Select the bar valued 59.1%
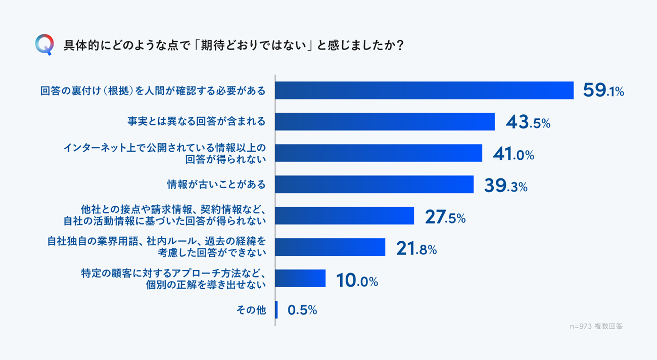pyautogui.click(x=425, y=91)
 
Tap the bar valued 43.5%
pyautogui.click(x=385, y=122)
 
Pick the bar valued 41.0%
pyautogui.click(x=379, y=153)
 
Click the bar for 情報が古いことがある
pyautogui.click(x=374, y=185)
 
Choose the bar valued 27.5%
pyautogui.click(x=345, y=216)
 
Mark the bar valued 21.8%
pyautogui.click(x=331, y=247)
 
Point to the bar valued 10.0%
pyautogui.click(x=301, y=279)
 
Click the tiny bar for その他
pyautogui.click(x=276, y=310)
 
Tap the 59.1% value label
pyautogui.click(x=603, y=91)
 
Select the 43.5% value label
pyautogui.click(x=528, y=122)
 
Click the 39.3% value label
pyautogui.click(x=505, y=186)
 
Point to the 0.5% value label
pyautogui.click(x=302, y=310)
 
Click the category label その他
pyautogui.click(x=251, y=310)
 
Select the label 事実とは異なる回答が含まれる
pyautogui.click(x=196, y=122)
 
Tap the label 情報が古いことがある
pyautogui.click(x=216, y=185)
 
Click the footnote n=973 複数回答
pyautogui.click(x=596, y=326)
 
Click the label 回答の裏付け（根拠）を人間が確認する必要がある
pyautogui.click(x=153, y=91)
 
